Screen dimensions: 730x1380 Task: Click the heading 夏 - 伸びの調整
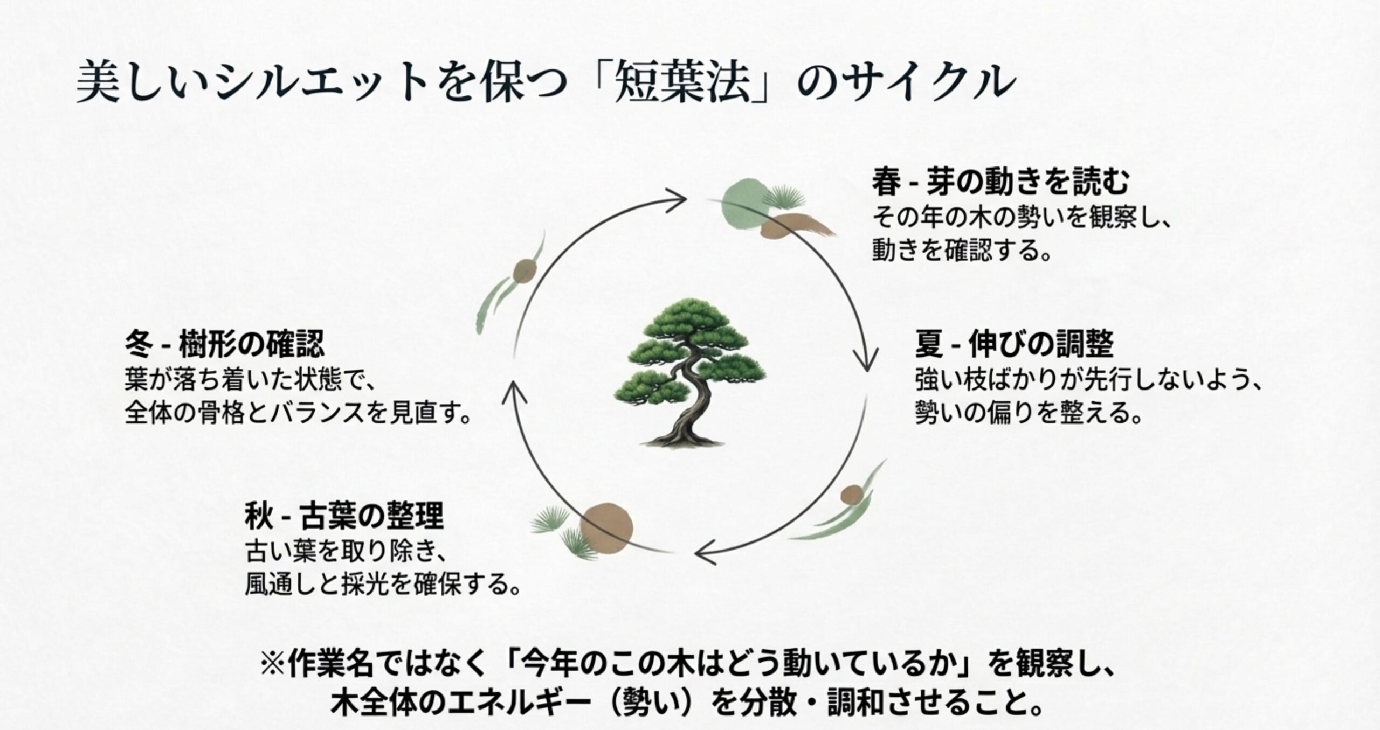(1014, 345)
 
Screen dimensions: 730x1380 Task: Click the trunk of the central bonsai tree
(685, 409)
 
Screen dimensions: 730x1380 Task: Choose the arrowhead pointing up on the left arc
(511, 389)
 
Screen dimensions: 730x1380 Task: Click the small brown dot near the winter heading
(523, 271)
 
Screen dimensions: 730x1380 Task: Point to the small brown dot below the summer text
(852, 495)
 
